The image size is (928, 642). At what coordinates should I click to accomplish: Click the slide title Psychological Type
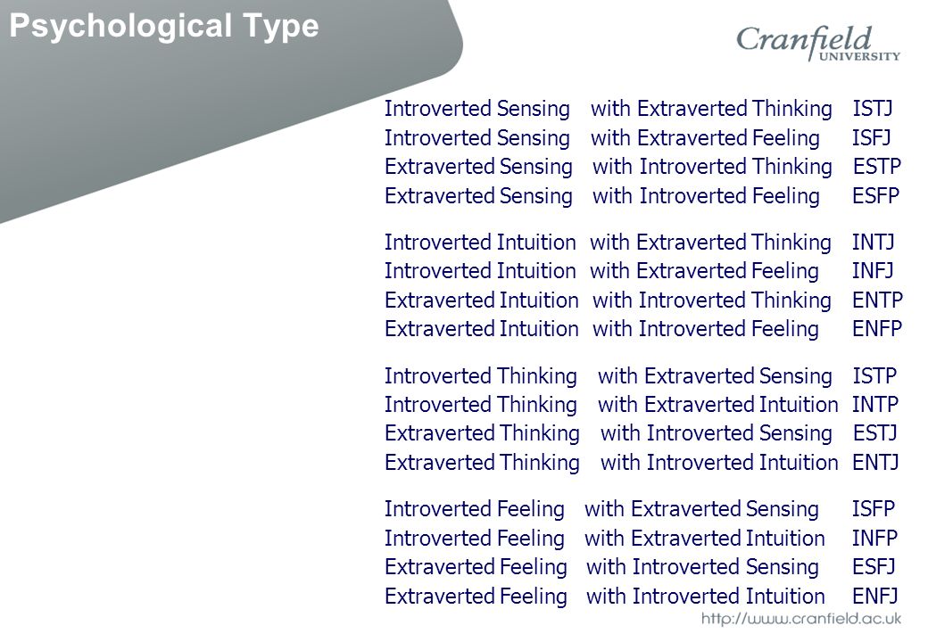tap(164, 26)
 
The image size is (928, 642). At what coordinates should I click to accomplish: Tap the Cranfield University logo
tap(817, 43)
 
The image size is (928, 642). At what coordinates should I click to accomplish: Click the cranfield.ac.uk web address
tap(800, 618)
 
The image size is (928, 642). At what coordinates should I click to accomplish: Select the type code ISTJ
tap(873, 108)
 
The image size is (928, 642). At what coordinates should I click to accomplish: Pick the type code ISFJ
tap(871, 137)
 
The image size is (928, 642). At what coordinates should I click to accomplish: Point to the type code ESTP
tap(876, 166)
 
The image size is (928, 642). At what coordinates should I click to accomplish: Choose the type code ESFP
tap(875, 195)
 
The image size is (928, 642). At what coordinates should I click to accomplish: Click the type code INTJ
tap(873, 242)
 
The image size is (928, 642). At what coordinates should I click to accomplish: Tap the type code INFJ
tap(873, 270)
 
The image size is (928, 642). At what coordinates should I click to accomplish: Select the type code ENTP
tap(877, 300)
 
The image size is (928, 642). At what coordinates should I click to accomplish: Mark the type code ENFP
tap(876, 328)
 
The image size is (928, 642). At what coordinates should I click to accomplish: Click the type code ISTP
tap(874, 375)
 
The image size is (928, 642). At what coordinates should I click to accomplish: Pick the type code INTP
tap(875, 404)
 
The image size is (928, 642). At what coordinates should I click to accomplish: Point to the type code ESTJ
tap(875, 432)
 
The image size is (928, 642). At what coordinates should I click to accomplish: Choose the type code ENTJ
tap(875, 462)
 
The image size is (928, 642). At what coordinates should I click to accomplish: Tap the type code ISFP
tap(874, 508)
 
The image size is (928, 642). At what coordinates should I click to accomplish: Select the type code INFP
tap(874, 538)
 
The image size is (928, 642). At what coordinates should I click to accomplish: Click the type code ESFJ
tap(874, 566)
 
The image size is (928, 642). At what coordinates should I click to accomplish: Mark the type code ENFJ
tap(874, 596)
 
